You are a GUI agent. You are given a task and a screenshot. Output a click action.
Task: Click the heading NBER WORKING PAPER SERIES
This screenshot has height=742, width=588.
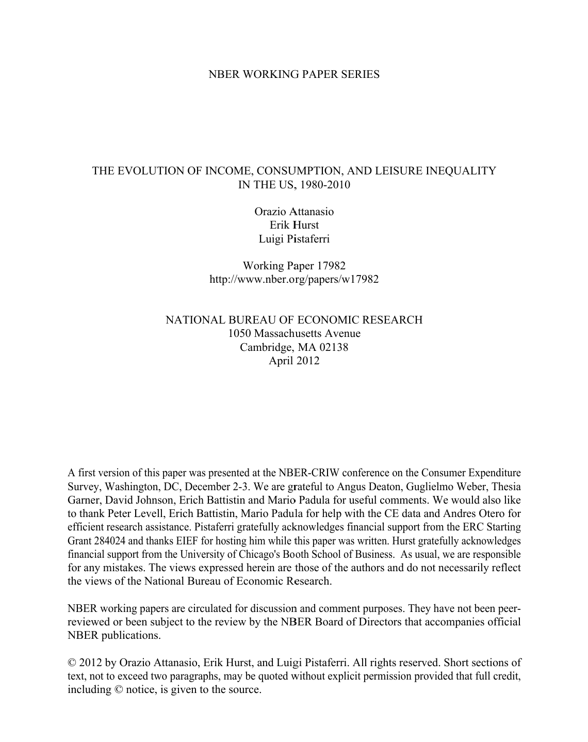293,74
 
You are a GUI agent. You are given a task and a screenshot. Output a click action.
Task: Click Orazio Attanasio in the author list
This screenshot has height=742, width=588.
294,212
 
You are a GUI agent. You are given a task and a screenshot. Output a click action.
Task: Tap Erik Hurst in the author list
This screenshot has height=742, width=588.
294,225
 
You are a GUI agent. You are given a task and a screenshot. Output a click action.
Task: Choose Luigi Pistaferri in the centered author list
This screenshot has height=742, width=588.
294,238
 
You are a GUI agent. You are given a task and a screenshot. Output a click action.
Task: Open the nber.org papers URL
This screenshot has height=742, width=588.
294,279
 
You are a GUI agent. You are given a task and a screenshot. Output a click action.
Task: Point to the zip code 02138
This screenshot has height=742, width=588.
334,347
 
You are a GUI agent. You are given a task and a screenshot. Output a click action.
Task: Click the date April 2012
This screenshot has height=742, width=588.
294,360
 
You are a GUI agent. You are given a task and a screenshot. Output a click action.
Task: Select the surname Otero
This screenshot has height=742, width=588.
490,513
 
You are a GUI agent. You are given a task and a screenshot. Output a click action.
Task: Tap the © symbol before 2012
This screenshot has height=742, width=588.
72,663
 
